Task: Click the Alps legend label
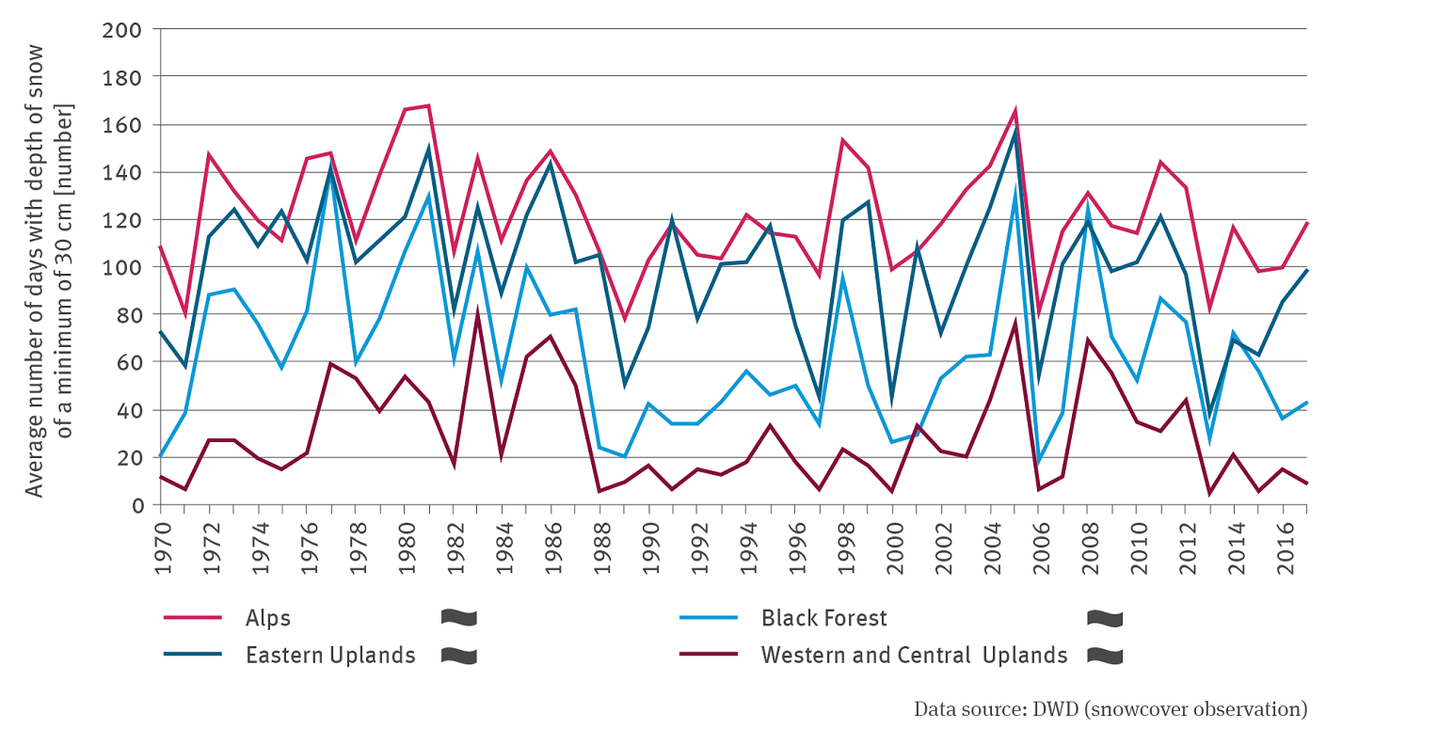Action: [x=268, y=618]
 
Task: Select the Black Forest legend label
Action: [x=824, y=618]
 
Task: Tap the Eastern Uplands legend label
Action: [x=330, y=656]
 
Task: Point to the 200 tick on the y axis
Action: [x=121, y=29]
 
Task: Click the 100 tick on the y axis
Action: [x=121, y=267]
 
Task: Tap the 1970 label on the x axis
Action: [x=161, y=543]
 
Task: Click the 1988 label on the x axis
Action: [x=599, y=543]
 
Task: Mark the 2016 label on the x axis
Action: [x=1283, y=543]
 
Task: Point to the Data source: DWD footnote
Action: [x=1110, y=708]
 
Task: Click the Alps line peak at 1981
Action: [x=429, y=105]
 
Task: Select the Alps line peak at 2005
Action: [x=1015, y=111]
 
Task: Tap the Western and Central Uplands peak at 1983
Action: [x=478, y=313]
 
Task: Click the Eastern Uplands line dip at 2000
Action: [x=893, y=398]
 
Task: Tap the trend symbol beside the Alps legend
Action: [x=458, y=618]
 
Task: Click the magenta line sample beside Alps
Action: [x=193, y=618]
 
